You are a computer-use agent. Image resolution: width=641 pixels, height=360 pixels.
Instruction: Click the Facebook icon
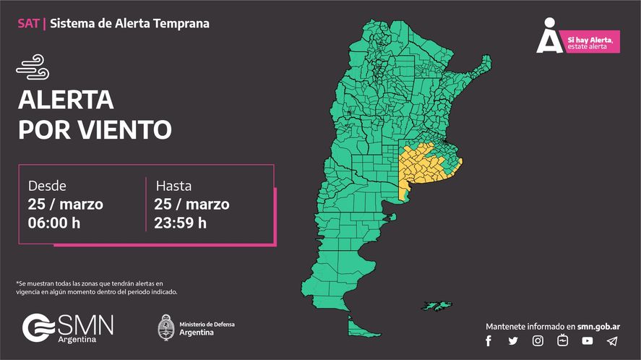click(489, 340)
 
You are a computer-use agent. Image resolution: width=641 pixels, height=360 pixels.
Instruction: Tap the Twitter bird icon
click(513, 340)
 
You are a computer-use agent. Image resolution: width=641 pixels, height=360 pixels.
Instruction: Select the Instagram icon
click(538, 340)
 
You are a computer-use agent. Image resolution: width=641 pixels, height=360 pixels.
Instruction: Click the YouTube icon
click(587, 340)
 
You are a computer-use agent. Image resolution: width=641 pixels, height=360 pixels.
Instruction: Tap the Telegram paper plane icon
click(612, 340)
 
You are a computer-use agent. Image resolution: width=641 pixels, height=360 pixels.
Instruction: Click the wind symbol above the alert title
click(33, 69)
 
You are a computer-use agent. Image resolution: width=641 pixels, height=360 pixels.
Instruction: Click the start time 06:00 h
click(54, 223)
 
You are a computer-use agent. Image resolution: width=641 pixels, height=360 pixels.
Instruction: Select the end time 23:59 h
click(181, 223)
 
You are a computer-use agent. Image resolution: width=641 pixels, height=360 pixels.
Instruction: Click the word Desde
click(47, 186)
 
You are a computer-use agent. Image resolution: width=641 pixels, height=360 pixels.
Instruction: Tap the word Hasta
click(173, 186)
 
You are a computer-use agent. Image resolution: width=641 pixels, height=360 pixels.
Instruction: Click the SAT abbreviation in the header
click(28, 23)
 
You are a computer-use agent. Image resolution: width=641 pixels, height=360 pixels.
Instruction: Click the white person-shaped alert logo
click(549, 36)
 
